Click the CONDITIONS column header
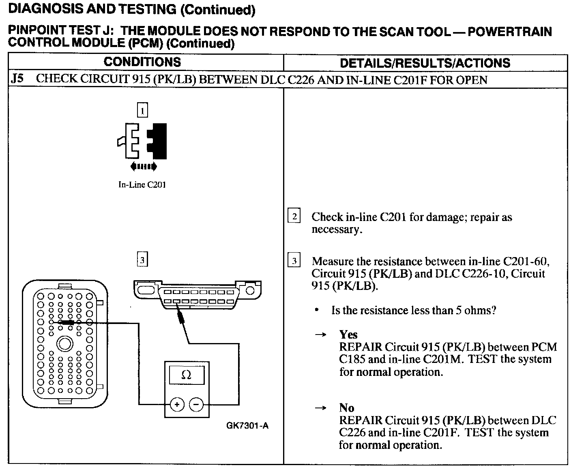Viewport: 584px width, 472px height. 142,62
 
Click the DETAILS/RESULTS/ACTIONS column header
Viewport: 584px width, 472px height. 425,63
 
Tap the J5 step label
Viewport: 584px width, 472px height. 17,79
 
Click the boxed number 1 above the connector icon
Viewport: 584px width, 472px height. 142,110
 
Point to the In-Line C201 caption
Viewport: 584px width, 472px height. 142,185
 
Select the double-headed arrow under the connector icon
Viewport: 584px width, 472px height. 143,166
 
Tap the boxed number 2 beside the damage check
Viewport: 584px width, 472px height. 294,216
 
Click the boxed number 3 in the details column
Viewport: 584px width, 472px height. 294,260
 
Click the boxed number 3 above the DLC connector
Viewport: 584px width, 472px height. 142,260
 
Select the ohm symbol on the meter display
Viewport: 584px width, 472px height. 186,375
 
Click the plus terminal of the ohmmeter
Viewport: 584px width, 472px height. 177,404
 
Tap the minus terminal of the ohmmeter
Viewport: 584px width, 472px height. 196,404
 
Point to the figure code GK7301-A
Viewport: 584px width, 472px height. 247,426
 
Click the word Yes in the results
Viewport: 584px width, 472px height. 348,335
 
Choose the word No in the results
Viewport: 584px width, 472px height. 346,408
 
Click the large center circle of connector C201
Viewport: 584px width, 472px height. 64,344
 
